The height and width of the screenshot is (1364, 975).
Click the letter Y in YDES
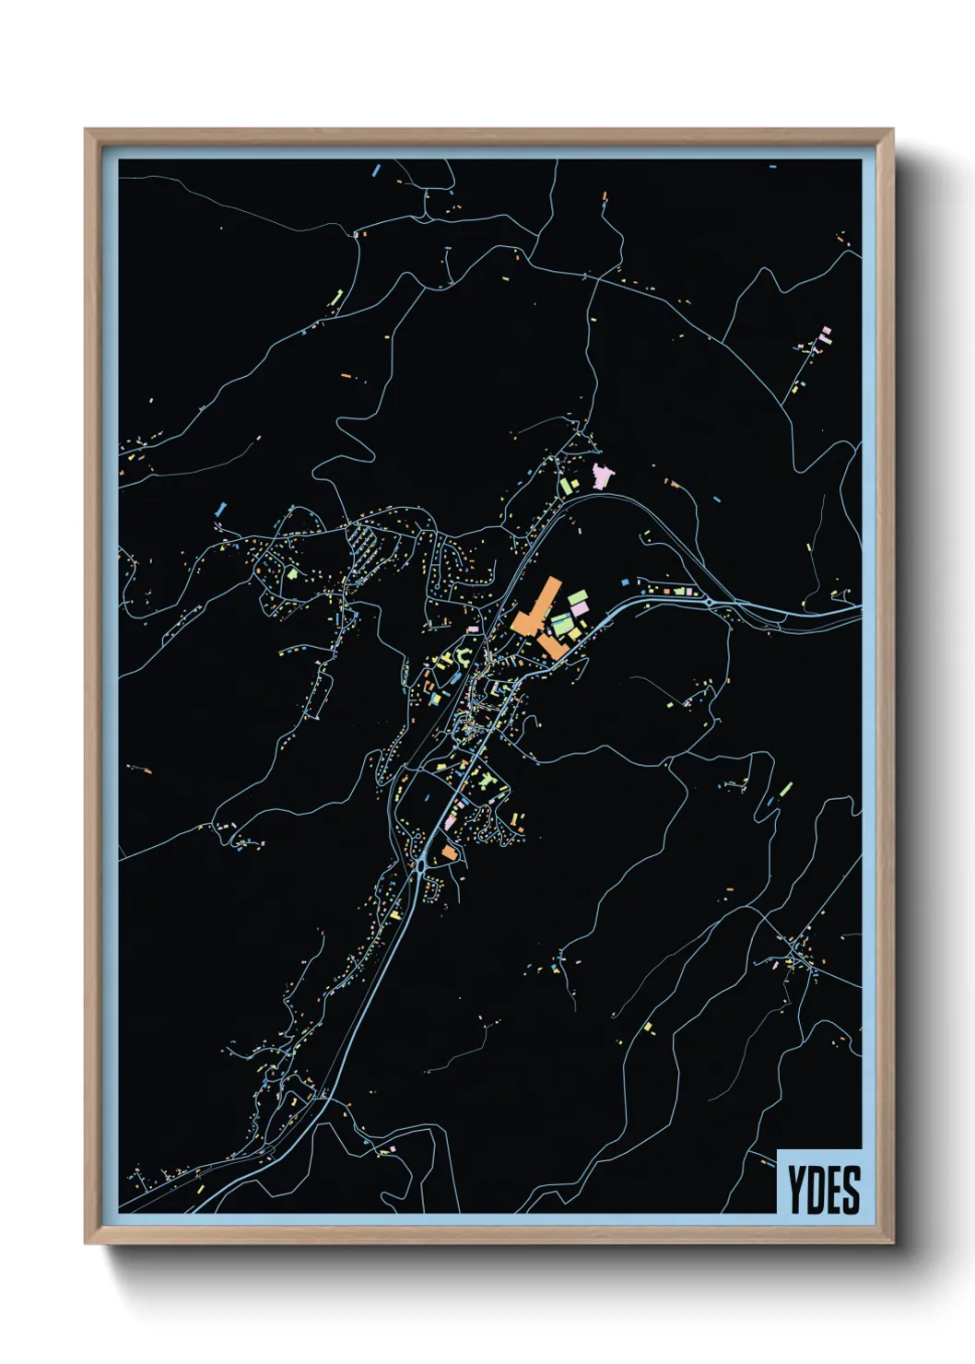click(x=795, y=1190)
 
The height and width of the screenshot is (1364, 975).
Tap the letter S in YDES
click(x=853, y=1190)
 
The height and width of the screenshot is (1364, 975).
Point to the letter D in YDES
click(x=814, y=1190)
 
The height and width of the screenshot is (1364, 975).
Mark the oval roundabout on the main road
click(x=420, y=865)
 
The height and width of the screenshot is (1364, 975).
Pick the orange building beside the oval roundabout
click(x=449, y=853)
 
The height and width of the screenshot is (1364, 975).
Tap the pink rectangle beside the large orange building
click(x=578, y=609)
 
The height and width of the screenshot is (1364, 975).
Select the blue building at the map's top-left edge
click(x=375, y=170)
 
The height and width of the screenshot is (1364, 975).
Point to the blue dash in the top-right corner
click(x=772, y=167)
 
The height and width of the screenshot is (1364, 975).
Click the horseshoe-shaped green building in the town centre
click(x=464, y=657)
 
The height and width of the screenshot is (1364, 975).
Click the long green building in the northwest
click(x=337, y=299)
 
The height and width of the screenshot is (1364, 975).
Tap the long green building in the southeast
click(x=786, y=789)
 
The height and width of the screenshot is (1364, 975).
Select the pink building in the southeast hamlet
click(x=826, y=333)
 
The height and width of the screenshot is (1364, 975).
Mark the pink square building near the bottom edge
click(x=391, y=1149)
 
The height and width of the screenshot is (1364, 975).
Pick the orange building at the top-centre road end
click(x=605, y=196)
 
